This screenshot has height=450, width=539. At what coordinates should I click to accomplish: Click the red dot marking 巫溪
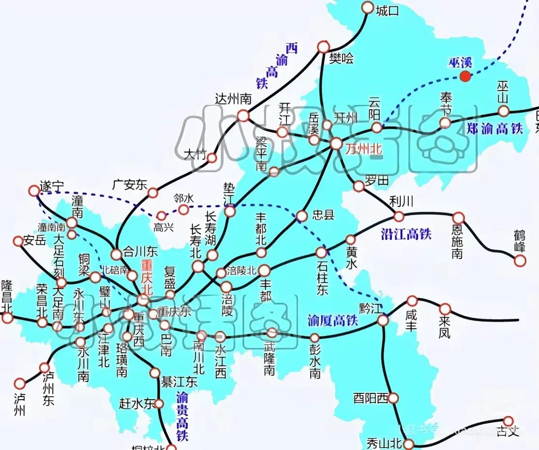pos(465,75)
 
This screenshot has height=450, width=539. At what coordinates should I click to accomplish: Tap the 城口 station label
pos(388,11)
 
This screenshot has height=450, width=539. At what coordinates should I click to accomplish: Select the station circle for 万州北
pos(336,144)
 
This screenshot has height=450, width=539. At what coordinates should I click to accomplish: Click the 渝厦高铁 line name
pos(332,320)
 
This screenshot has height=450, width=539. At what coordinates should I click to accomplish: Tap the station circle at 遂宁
pos(34,191)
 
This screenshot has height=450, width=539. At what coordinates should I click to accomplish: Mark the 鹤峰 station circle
pos(520,261)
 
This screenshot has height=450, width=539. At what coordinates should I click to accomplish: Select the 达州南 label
pos(233,99)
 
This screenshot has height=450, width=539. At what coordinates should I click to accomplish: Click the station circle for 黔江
pos(383,320)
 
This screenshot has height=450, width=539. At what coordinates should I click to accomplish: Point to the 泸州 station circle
pos(19,384)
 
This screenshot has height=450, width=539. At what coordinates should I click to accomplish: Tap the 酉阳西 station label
pos(371,398)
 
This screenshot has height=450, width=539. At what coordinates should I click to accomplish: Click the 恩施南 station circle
pos(458,218)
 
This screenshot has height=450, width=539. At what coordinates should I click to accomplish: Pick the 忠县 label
pos(323,215)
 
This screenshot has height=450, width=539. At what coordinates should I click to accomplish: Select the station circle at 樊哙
pos(323,47)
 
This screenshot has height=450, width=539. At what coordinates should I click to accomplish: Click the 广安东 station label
pos(129,184)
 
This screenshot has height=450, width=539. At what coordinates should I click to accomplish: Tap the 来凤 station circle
pos(445,309)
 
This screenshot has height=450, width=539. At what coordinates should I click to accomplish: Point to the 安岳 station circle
pos(18,241)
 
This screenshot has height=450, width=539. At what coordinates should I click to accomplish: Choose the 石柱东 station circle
pos(321,253)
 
